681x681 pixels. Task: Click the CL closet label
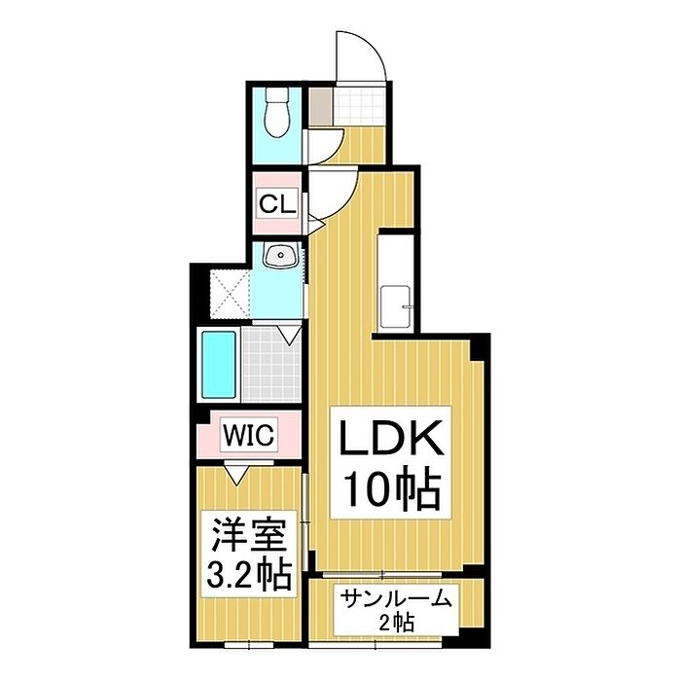(x=277, y=203)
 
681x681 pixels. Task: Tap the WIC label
(x=249, y=434)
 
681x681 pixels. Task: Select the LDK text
(x=391, y=438)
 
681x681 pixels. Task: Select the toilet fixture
(x=277, y=112)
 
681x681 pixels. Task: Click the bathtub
(x=219, y=365)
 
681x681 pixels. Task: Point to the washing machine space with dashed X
(x=230, y=295)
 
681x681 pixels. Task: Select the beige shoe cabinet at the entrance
(x=320, y=106)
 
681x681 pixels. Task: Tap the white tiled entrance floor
(x=359, y=106)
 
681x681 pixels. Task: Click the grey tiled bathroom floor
(x=271, y=365)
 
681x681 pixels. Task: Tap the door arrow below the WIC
(x=236, y=474)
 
